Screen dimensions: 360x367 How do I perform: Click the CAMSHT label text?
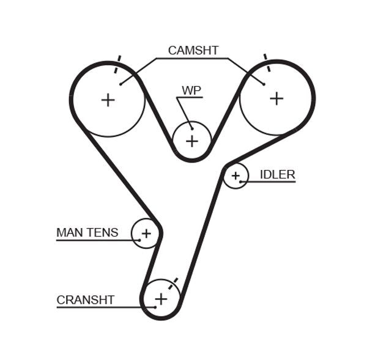point(193,51)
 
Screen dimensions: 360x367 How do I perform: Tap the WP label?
point(191,90)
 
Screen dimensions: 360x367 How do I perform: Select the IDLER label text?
point(277,175)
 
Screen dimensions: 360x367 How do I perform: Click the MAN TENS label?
point(87,232)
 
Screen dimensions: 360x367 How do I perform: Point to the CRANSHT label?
point(85,299)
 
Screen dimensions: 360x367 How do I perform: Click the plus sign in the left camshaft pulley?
point(108,100)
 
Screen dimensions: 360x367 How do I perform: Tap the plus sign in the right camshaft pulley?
point(276,98)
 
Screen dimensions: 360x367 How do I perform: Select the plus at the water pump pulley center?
point(192,141)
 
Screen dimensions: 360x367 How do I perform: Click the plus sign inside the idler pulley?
point(235,176)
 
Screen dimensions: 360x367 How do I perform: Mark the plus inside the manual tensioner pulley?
point(146,233)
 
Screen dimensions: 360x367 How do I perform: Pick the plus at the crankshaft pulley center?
point(161,299)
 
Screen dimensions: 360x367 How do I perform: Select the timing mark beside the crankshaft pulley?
point(175,282)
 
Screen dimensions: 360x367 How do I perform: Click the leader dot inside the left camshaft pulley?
point(120,84)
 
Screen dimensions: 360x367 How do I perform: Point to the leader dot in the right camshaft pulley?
point(264,83)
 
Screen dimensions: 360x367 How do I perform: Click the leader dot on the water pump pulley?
point(191,127)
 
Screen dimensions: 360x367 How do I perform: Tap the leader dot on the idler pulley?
point(241,182)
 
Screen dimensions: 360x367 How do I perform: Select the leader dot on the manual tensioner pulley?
point(140,240)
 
